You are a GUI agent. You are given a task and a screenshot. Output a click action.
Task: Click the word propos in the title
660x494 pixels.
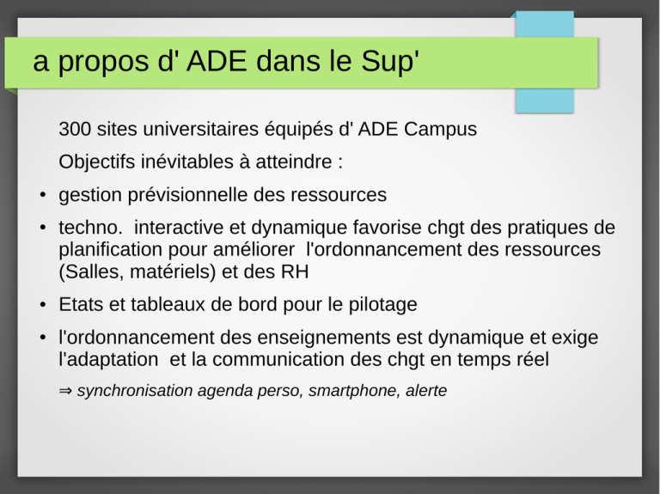(103, 62)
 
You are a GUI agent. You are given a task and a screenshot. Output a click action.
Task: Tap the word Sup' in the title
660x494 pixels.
(390, 62)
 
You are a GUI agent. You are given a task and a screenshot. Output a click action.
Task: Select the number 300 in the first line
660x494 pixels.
(75, 129)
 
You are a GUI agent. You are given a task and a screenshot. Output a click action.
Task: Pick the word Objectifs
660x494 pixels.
(96, 162)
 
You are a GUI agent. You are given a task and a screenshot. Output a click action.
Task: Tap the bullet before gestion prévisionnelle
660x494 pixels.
(42, 195)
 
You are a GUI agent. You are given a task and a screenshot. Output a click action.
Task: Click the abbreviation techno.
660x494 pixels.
(90, 228)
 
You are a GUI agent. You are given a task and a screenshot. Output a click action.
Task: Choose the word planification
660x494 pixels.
(110, 250)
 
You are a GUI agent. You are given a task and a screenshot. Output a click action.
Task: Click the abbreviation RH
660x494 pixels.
(295, 272)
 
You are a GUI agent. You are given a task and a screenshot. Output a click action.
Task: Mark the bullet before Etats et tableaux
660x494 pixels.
(42, 305)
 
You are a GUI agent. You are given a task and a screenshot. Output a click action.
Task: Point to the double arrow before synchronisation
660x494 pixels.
(65, 391)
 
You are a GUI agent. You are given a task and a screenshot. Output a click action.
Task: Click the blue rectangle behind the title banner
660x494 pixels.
(545, 101)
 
